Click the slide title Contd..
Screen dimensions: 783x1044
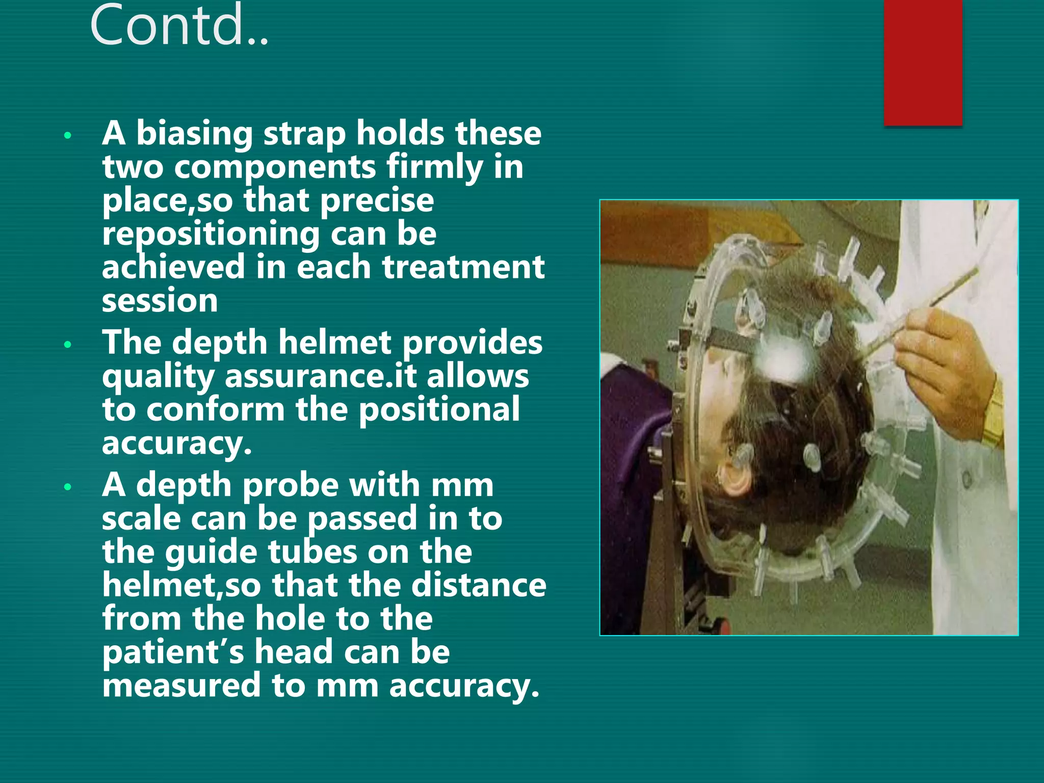178,25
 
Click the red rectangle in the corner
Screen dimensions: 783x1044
923,61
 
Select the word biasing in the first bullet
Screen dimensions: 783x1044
194,134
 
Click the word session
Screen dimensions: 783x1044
160,301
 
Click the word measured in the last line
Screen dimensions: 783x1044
181,686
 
